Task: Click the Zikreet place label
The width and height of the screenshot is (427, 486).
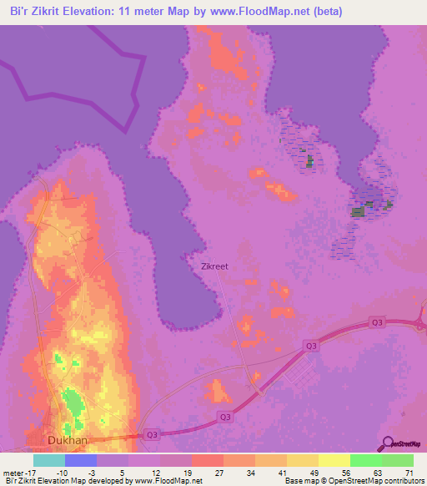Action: point(215,267)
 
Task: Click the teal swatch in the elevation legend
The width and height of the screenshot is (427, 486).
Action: point(49,460)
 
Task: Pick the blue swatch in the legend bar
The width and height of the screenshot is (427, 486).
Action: point(81,460)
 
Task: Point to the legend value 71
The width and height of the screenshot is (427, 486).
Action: point(409,472)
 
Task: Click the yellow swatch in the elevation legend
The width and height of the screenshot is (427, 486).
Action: point(334,460)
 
